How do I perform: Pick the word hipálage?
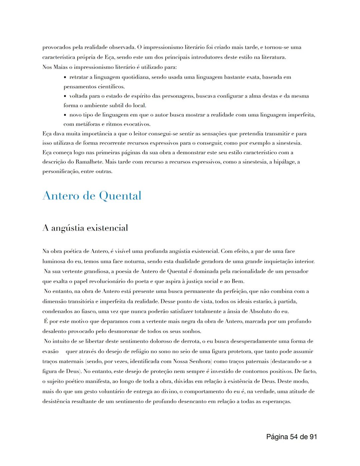(284, 162)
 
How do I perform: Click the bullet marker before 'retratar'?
(65, 77)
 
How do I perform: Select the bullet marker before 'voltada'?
(65, 96)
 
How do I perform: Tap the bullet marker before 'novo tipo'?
(65, 115)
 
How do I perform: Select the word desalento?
(54, 332)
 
